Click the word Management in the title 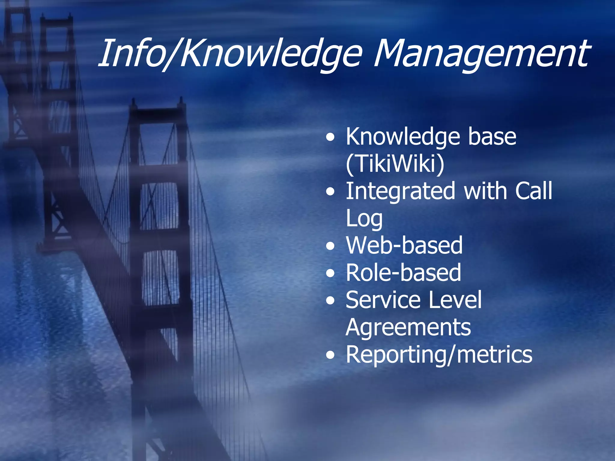(x=480, y=54)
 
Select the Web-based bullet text (x=404, y=246)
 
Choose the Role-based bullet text (x=403, y=273)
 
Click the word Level (x=455, y=300)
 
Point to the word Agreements (x=408, y=328)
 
